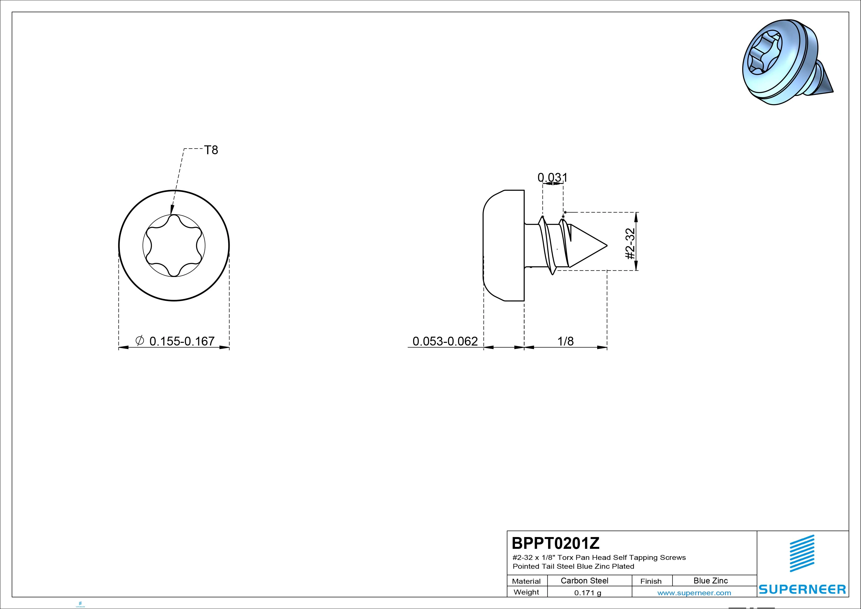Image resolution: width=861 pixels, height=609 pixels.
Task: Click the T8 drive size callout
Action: (x=211, y=150)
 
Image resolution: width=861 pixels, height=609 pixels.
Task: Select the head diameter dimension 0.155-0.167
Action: (x=182, y=341)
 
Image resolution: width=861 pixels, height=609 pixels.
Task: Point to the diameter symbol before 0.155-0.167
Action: (x=139, y=340)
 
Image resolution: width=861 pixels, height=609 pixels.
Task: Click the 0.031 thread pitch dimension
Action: (x=552, y=177)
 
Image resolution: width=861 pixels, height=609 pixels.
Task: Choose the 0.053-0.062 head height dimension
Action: (x=445, y=341)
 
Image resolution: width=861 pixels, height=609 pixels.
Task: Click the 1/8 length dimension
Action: (x=565, y=341)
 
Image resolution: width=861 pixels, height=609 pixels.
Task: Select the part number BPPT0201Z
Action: (x=556, y=543)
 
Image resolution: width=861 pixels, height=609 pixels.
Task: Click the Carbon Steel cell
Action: (x=584, y=581)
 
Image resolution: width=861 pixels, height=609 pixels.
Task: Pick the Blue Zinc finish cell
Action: (x=711, y=581)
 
